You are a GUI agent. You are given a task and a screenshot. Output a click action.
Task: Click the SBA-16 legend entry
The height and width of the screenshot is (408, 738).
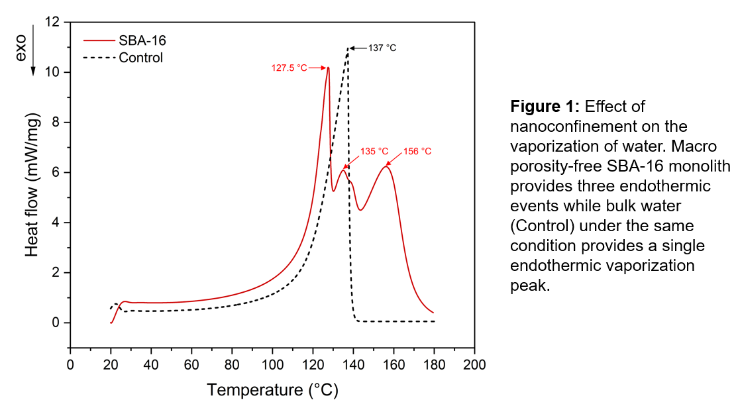142,40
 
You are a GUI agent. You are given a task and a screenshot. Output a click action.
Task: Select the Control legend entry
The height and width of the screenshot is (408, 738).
140,58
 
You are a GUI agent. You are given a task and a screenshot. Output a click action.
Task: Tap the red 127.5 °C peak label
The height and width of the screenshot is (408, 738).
290,68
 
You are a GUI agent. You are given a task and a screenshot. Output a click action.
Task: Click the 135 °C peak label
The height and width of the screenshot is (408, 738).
374,151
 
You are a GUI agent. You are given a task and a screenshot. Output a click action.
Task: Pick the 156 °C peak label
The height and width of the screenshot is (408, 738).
417,151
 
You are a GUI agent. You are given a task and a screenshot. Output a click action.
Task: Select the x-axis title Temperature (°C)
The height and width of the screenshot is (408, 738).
272,390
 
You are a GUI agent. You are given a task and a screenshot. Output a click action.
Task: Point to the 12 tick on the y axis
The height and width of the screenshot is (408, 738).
52,23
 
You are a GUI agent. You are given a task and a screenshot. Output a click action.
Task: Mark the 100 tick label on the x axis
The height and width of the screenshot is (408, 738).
272,365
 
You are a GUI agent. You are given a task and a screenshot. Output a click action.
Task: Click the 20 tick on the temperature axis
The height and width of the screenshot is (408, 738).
111,365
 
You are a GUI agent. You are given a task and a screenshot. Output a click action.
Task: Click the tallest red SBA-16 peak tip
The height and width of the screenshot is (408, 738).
327,68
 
